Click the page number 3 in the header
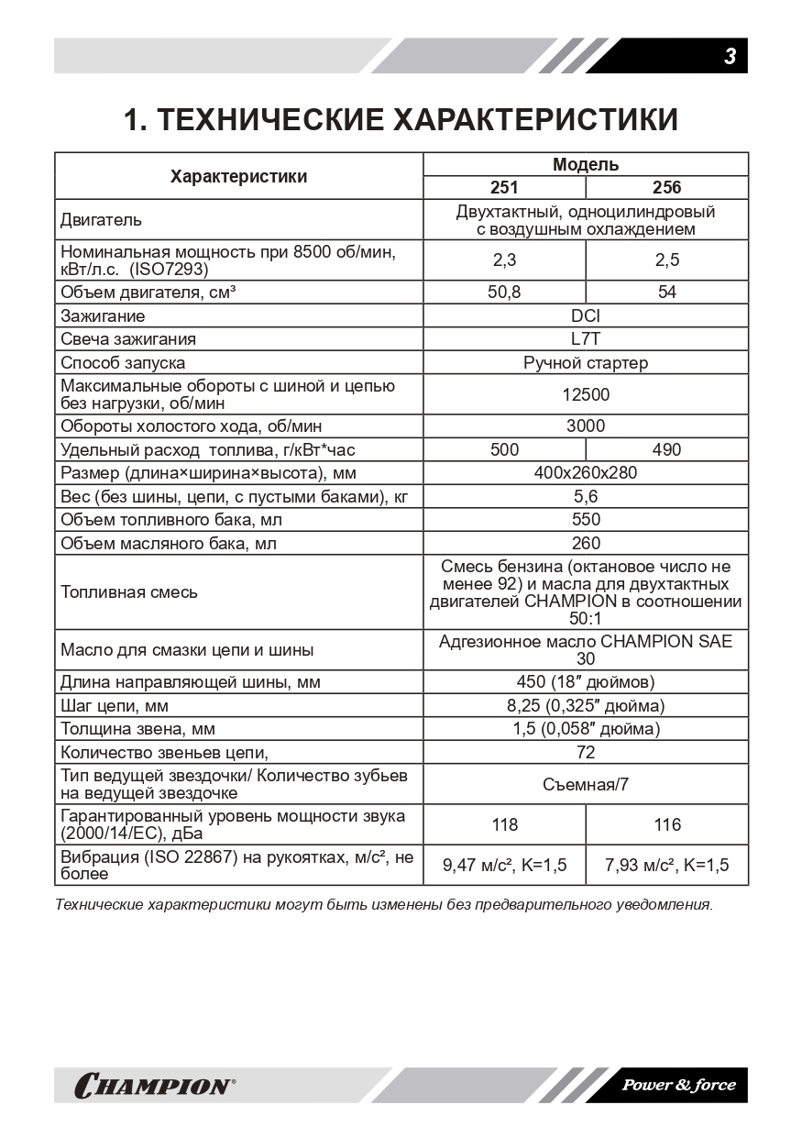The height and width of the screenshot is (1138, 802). tap(730, 57)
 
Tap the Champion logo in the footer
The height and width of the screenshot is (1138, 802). tap(154, 1087)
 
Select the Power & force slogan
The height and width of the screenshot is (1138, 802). tap(678, 1086)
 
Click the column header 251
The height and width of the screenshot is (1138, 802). tap(504, 188)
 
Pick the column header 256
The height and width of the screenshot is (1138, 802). tap(666, 188)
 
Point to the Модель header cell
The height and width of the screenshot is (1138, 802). tap(585, 165)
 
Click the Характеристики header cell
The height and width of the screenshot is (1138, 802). tap(238, 176)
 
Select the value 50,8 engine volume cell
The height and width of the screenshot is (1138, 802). tap(504, 293)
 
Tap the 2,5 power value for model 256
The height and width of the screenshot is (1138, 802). tap(666, 260)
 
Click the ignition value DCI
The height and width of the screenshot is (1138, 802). tap(585, 316)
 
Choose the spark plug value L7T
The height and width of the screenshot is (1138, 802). tap(585, 339)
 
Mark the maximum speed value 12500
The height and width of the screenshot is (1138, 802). tap(585, 395)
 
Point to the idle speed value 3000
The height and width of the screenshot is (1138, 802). tap(585, 426)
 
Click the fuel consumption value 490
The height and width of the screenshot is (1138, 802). tap(666, 450)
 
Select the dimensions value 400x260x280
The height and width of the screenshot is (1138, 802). tap(585, 473)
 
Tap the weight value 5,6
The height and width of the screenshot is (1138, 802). tap(585, 497)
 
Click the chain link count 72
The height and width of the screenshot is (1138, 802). tap(585, 753)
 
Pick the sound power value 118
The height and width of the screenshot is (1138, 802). tap(504, 825)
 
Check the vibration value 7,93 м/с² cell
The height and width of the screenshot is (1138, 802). tap(666, 866)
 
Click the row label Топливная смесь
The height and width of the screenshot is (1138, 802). tap(129, 592)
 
